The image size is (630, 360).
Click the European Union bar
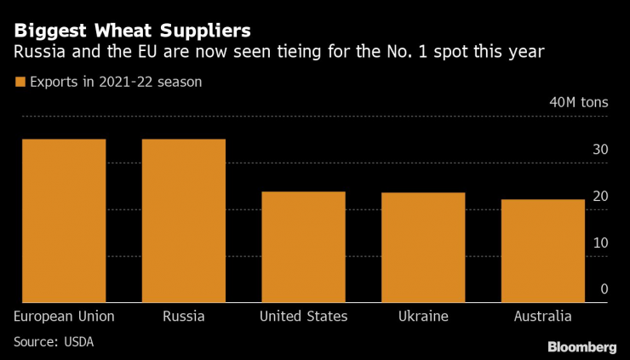(x=64, y=220)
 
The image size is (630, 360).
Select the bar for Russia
(x=183, y=220)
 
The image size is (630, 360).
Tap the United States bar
(x=303, y=247)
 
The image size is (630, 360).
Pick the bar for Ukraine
(x=423, y=247)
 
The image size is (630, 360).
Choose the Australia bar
(x=543, y=250)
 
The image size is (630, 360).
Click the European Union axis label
(x=64, y=317)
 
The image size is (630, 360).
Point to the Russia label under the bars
(x=183, y=317)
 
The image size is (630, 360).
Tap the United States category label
(x=303, y=317)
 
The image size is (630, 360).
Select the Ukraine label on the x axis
(x=423, y=317)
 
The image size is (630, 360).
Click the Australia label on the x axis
(x=543, y=317)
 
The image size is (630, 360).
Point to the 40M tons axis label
(x=579, y=103)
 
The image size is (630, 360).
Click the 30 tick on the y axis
(x=600, y=150)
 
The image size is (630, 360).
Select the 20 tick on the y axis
(x=600, y=197)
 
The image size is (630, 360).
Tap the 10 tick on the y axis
(x=600, y=243)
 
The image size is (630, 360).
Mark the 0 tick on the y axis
(x=604, y=289)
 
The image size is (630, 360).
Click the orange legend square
(x=20, y=83)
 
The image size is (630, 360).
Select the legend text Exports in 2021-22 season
(x=115, y=83)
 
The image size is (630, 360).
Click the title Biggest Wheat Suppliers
(x=132, y=31)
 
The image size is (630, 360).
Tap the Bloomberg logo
(x=581, y=346)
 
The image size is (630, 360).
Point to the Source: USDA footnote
(x=53, y=342)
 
